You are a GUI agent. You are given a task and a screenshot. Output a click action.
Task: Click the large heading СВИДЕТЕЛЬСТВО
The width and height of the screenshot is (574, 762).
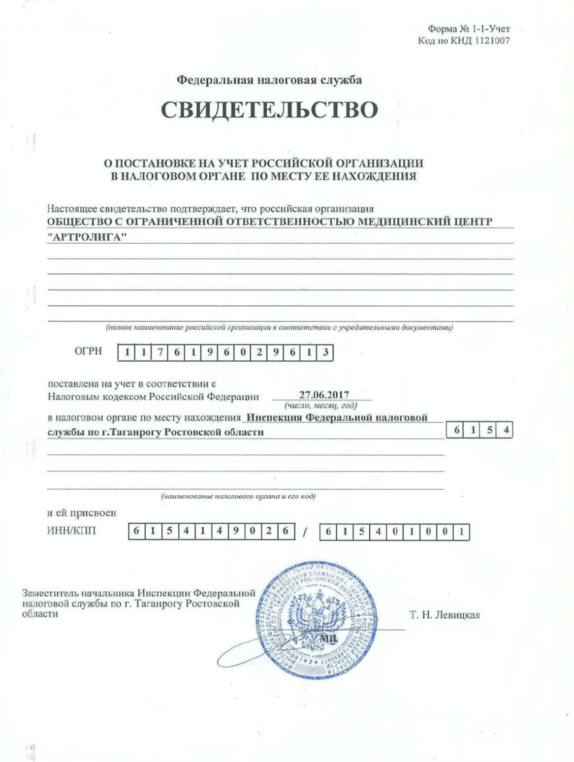click(270, 109)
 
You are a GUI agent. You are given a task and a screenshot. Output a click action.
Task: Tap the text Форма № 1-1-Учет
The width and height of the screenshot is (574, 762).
click(469, 29)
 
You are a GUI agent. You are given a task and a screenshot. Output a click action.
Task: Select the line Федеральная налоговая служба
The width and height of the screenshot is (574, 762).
click(269, 80)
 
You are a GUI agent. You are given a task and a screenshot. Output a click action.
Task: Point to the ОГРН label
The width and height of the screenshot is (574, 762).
click(88, 351)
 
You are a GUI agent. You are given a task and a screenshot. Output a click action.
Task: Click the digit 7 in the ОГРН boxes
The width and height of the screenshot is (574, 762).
click(160, 352)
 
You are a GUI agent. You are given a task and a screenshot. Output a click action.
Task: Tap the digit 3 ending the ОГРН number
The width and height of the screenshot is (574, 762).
click(325, 352)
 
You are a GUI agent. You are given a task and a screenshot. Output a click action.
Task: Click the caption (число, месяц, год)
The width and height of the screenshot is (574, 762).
click(321, 405)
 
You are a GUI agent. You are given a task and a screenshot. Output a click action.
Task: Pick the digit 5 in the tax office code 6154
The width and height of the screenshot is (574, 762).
click(490, 430)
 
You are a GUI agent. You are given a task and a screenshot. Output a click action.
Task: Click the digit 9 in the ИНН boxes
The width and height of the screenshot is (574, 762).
click(236, 532)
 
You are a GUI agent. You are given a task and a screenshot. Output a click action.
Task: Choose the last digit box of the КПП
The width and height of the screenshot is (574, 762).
click(461, 532)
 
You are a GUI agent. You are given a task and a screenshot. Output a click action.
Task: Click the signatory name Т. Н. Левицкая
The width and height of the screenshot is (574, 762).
click(444, 615)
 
